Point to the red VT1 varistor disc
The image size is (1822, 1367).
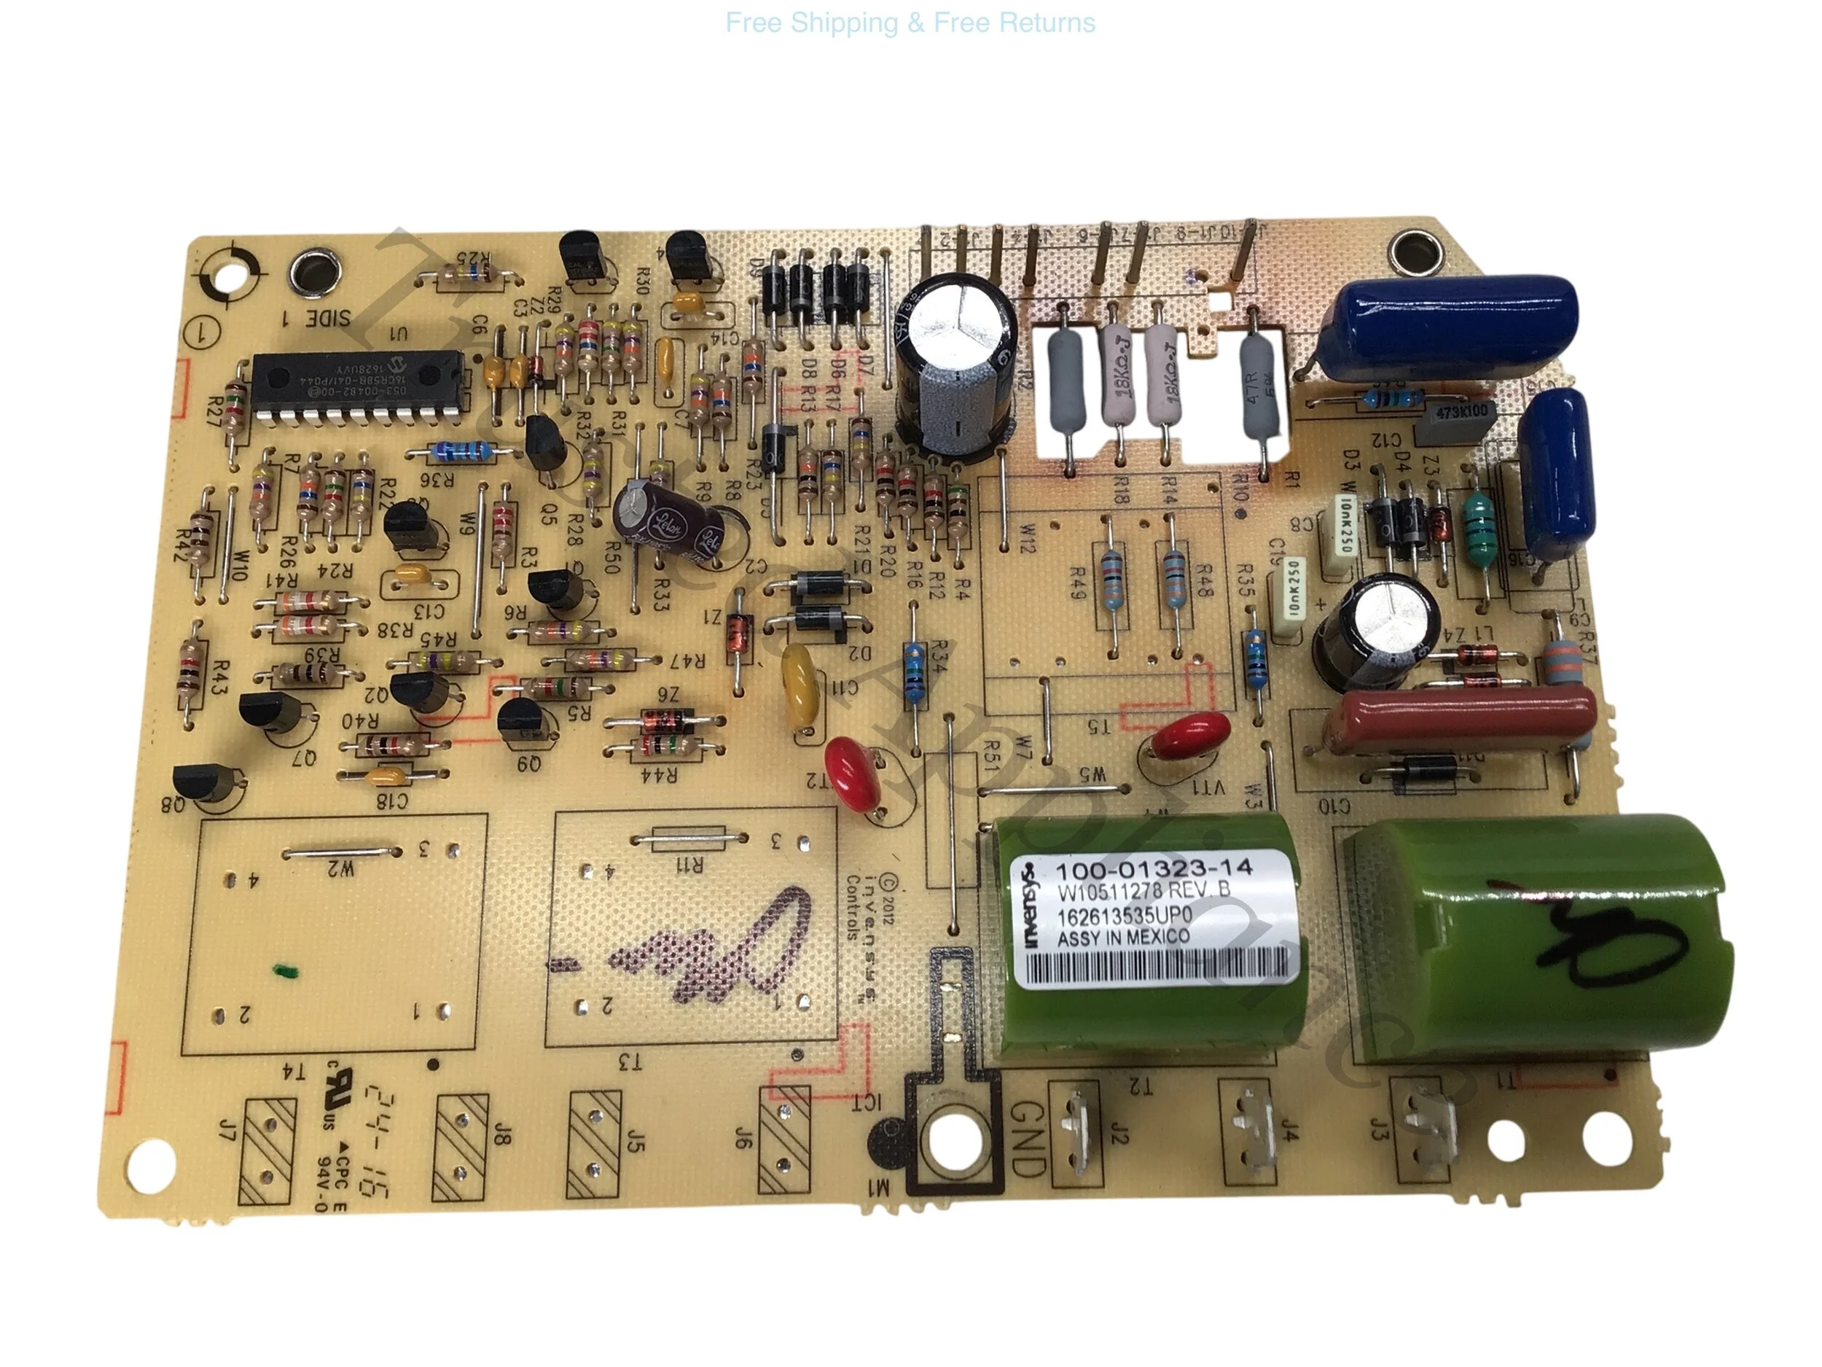pyautogui.click(x=1190, y=736)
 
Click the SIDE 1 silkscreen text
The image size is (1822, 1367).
pyautogui.click(x=317, y=318)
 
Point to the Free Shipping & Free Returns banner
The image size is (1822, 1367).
pyautogui.click(x=910, y=23)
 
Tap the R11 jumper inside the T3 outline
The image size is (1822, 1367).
pyautogui.click(x=689, y=840)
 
